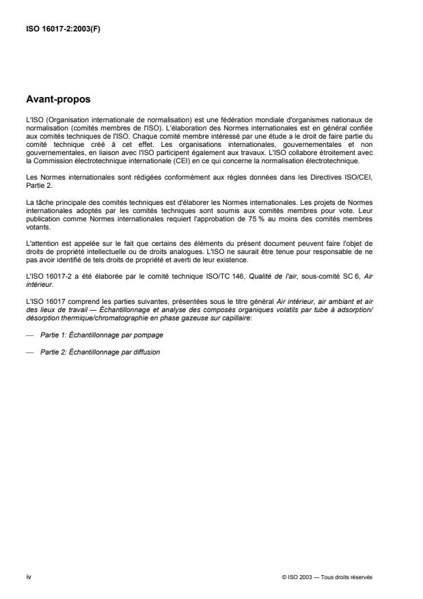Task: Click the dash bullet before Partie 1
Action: pyautogui.click(x=29, y=335)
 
